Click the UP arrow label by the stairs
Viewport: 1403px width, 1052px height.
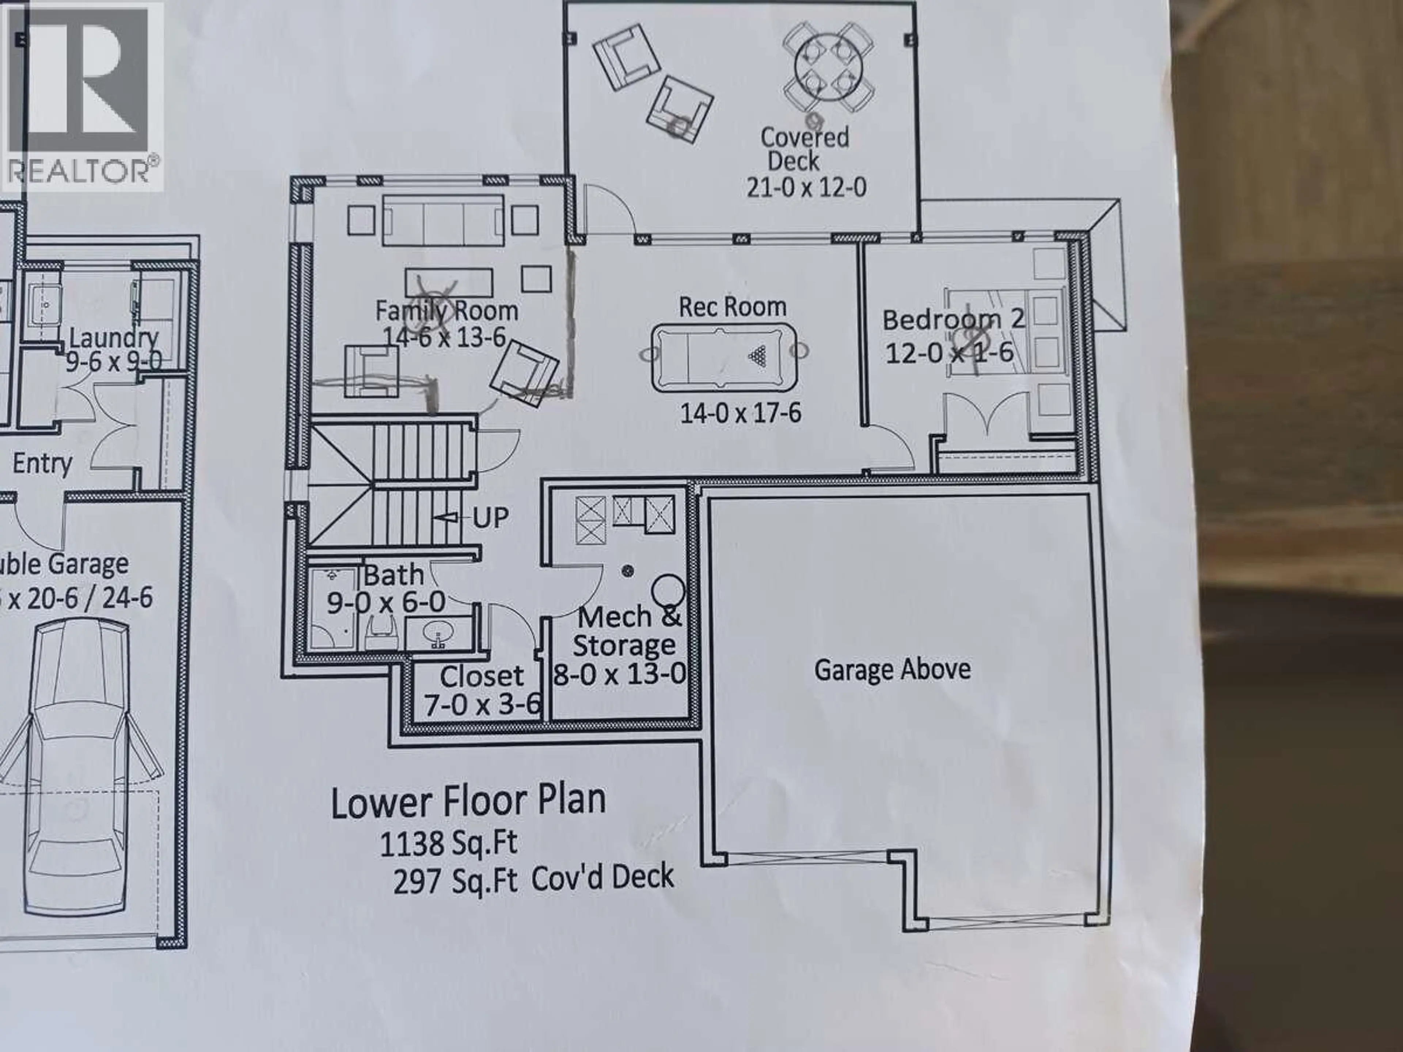tap(490, 518)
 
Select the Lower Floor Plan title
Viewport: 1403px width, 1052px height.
tap(468, 800)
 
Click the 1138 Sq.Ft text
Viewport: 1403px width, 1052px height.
tap(448, 843)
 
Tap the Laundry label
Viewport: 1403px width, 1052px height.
tap(113, 338)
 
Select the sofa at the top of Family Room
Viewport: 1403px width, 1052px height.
tap(443, 220)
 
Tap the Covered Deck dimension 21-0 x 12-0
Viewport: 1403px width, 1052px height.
tap(806, 188)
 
